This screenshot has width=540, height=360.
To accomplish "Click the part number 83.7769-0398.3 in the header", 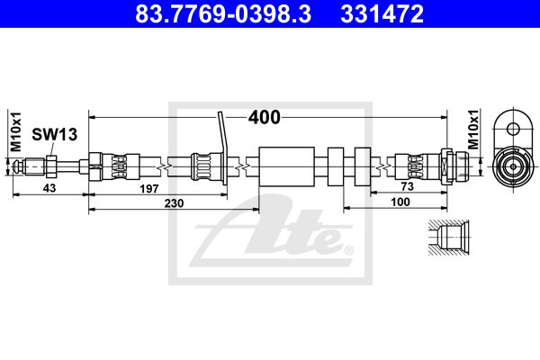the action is pyautogui.click(x=223, y=13).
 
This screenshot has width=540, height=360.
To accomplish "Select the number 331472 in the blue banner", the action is pyautogui.click(x=382, y=13).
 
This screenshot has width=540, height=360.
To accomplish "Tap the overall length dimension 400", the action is pyautogui.click(x=265, y=118).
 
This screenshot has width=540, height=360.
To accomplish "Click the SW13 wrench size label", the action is pyautogui.click(x=54, y=134).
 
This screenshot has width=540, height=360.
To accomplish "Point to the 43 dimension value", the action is pyautogui.click(x=49, y=188).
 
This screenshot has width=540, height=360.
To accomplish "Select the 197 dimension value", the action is pyautogui.click(x=149, y=188).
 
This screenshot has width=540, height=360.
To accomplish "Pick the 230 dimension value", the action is pyautogui.click(x=174, y=203).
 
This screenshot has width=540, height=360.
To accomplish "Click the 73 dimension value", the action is pyautogui.click(x=408, y=186).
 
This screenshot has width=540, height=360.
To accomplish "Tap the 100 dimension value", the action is pyautogui.click(x=400, y=202).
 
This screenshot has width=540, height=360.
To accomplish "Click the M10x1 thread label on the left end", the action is pyautogui.click(x=16, y=131).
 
